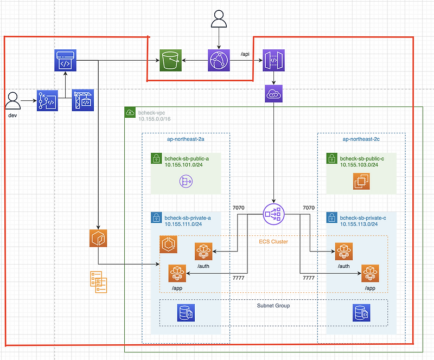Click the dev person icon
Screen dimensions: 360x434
click(14, 101)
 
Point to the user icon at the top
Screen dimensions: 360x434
click(219, 20)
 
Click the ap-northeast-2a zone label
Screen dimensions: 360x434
click(186, 139)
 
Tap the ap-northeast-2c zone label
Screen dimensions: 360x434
click(361, 139)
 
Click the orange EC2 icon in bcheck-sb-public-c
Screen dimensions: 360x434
click(361, 182)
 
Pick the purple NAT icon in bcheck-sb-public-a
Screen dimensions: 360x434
click(186, 182)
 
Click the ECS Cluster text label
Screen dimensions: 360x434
click(273, 241)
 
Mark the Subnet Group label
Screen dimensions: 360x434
click(273, 306)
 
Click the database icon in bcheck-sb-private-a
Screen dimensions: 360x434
click(186, 313)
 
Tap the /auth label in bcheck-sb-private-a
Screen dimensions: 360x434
click(203, 266)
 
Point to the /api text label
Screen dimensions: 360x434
click(246, 54)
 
